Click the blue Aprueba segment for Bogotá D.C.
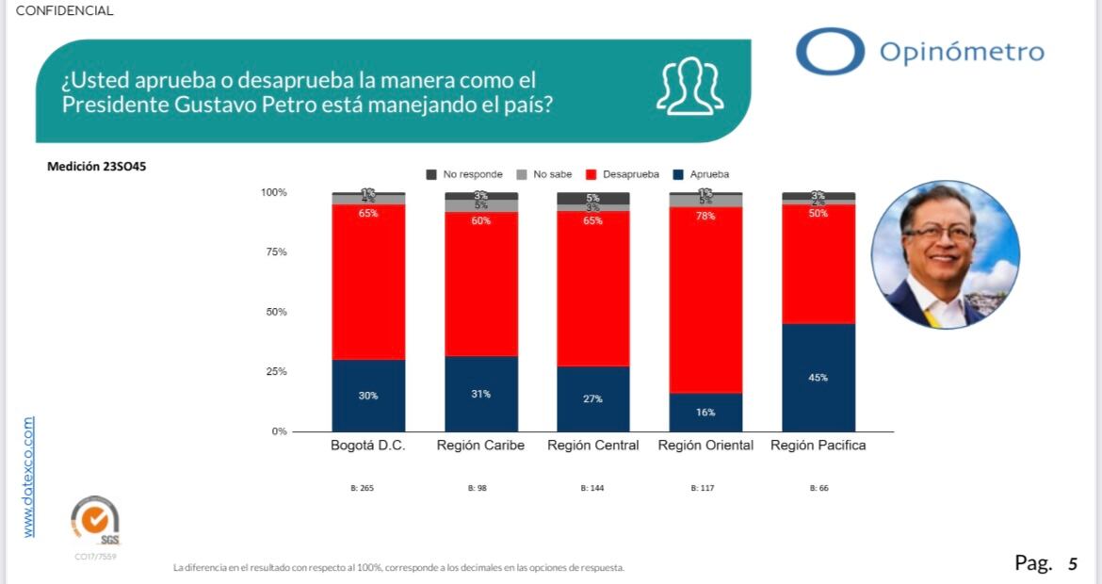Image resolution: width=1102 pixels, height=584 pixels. click(x=368, y=396)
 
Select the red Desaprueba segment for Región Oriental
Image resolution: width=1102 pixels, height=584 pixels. click(x=705, y=300)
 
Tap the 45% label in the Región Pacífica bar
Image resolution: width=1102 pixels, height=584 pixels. click(x=818, y=378)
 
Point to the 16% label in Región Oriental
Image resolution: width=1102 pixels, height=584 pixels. click(x=705, y=413)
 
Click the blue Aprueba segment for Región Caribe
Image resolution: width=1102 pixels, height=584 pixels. click(x=480, y=394)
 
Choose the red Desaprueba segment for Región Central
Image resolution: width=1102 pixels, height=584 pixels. click(x=593, y=288)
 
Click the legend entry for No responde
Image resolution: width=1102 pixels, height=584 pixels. click(x=464, y=174)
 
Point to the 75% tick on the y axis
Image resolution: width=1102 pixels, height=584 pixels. click(x=275, y=252)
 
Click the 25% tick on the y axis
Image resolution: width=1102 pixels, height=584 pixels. click(x=275, y=372)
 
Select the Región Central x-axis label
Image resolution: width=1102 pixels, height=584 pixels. click(x=593, y=446)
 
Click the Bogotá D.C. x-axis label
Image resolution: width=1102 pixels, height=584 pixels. click(x=368, y=446)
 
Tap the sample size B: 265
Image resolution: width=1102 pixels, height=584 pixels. click(x=368, y=489)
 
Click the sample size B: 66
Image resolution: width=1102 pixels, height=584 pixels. click(x=818, y=489)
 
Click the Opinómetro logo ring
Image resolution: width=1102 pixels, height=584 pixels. click(x=830, y=51)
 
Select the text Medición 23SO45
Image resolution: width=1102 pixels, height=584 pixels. click(x=96, y=167)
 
